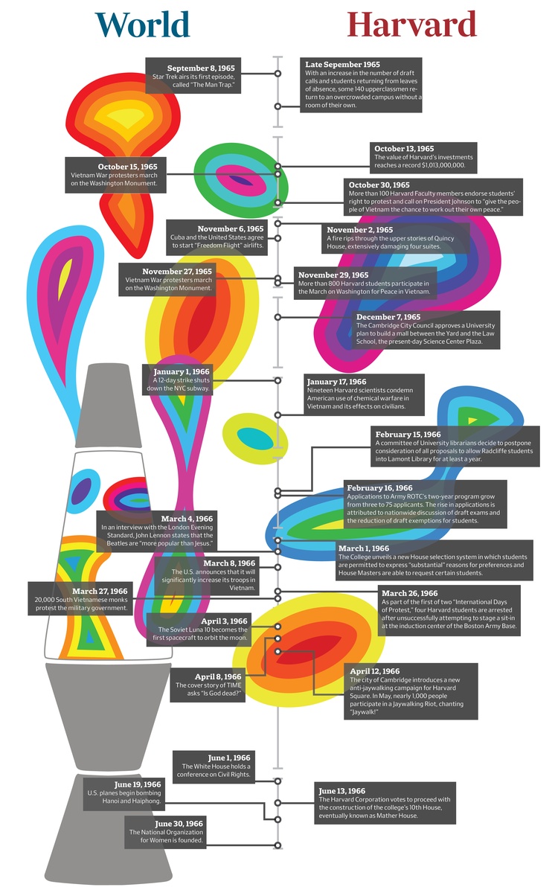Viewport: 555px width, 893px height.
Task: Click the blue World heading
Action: [x=143, y=25]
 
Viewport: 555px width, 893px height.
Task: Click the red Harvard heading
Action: [x=411, y=25]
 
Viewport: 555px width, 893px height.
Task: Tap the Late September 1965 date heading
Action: [x=342, y=65]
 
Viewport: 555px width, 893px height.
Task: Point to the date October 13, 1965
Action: [x=404, y=149]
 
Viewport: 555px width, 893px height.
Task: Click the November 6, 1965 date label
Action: [x=231, y=228]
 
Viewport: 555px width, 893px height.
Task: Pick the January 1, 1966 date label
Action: [x=182, y=371]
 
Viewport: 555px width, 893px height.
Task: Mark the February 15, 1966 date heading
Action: [x=408, y=434]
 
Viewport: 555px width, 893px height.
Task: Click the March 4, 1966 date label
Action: [x=187, y=518]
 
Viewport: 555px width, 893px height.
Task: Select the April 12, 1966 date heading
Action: [x=375, y=671]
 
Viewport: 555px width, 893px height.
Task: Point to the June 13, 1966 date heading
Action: [x=341, y=791]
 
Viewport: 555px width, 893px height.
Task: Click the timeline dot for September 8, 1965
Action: [x=277, y=74]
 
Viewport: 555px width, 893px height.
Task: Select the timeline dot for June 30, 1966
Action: [x=277, y=845]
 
